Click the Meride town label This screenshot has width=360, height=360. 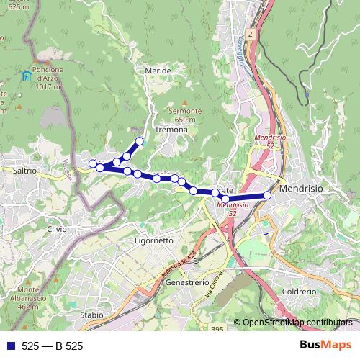(158, 71)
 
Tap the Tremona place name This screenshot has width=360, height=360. (171, 130)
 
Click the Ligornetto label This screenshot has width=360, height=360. (154, 240)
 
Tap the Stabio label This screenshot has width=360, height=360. (91, 315)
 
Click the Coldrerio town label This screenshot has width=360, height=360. (300, 292)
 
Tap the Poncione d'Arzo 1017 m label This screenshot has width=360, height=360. (51, 78)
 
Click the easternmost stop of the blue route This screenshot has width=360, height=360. (267, 195)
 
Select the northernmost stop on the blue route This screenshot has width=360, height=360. (140, 142)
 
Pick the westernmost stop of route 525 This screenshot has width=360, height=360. (93, 164)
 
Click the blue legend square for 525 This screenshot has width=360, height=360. (10, 346)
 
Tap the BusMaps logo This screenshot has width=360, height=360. (325, 346)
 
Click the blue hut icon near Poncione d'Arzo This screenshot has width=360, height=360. (26, 75)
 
